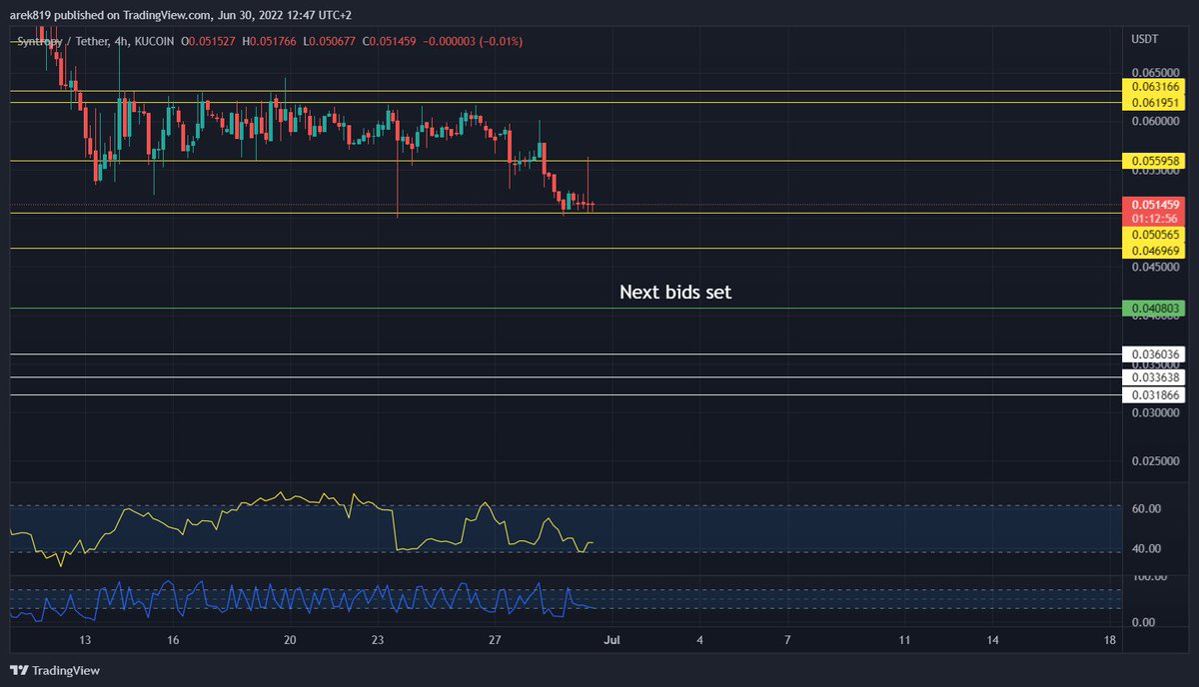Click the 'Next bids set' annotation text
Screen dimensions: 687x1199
coord(675,293)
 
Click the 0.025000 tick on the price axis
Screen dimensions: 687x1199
coord(1154,461)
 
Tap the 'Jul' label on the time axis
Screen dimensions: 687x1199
coord(609,639)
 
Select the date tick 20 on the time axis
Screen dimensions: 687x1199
coord(290,639)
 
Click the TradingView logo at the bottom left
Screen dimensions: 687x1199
coord(56,670)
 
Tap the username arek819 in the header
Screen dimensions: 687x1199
coord(30,12)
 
